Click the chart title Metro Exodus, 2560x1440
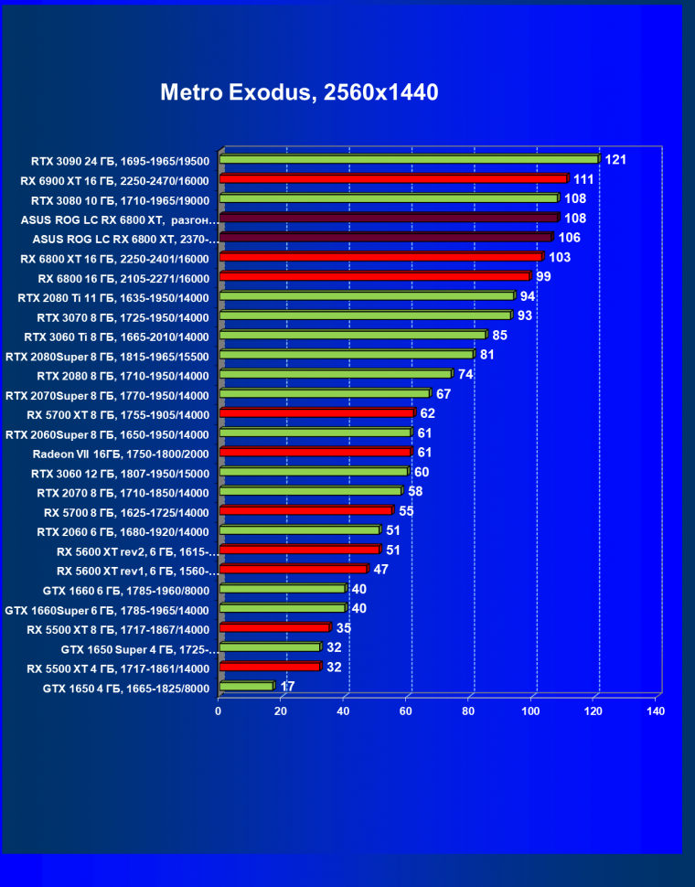(299, 92)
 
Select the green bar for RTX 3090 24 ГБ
(408, 159)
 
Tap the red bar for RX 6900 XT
(393, 179)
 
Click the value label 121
(615, 160)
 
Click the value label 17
(287, 686)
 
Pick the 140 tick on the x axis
(655, 711)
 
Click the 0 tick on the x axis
(219, 711)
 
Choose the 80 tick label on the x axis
(468, 711)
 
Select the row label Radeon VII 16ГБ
(121, 454)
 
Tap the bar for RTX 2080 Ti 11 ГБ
(366, 296)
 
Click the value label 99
(543, 277)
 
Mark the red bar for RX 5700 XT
(316, 413)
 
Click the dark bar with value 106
(385, 238)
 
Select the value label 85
(499, 336)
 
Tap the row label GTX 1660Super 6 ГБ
(107, 610)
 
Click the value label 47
(381, 570)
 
